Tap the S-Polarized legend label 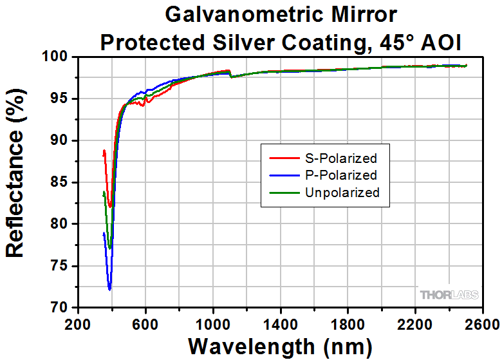(x=340, y=157)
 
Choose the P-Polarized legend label (x=340, y=175)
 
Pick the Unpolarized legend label (x=342, y=192)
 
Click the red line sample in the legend (x=278, y=157)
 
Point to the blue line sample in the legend (x=278, y=175)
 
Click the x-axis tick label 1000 (x=212, y=324)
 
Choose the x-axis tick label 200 (x=78, y=324)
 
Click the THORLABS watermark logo (x=449, y=295)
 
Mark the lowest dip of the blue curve (x=109, y=290)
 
